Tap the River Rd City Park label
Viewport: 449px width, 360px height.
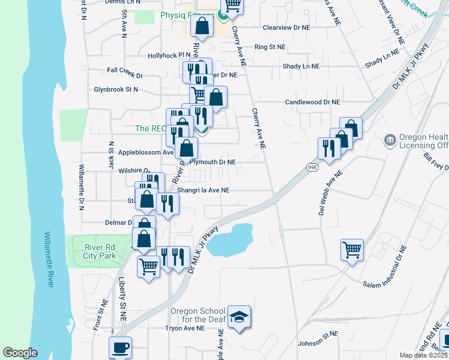[x=99, y=250]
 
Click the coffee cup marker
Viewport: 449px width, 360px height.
[x=120, y=347]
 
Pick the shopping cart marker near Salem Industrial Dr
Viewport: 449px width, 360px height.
[x=352, y=248]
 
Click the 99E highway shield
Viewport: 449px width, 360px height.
[x=312, y=166]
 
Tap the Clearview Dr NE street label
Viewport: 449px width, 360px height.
[x=286, y=28]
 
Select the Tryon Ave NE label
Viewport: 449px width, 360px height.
[x=185, y=328]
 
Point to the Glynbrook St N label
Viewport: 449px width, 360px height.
[x=115, y=89]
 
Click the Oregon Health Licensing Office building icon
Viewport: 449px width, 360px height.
[x=390, y=140]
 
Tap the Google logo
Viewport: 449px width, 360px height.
[x=20, y=353]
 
